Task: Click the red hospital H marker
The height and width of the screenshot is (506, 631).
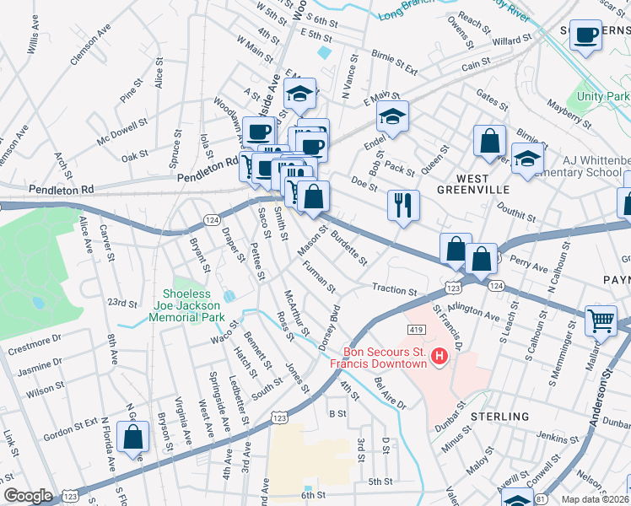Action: click(439, 358)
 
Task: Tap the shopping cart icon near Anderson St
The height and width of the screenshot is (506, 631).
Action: click(600, 319)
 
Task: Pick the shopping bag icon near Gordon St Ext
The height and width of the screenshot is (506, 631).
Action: click(133, 437)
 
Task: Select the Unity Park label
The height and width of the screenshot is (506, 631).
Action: click(603, 96)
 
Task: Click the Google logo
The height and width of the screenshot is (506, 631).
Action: click(28, 496)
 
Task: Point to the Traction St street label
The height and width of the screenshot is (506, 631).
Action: click(395, 290)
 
